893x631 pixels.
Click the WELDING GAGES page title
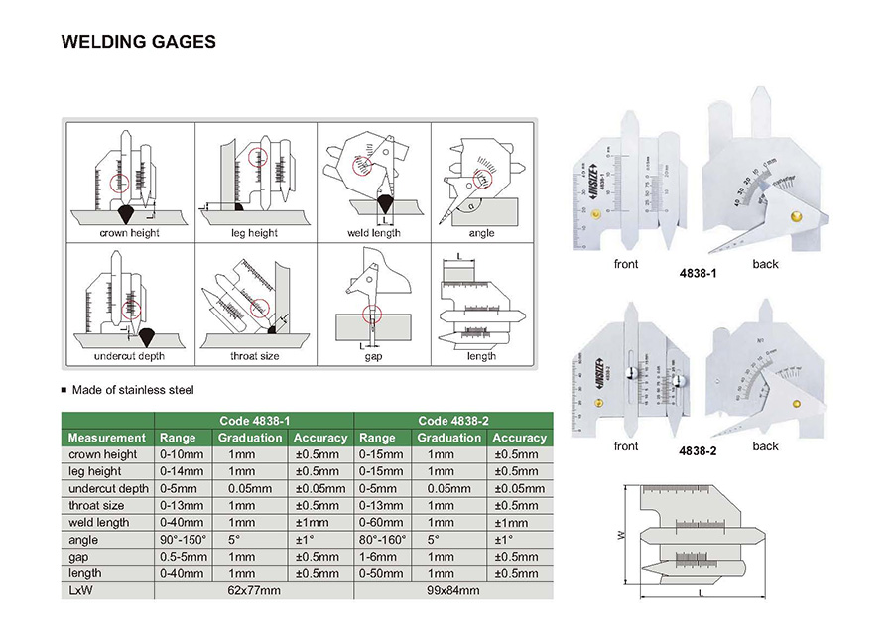pyautogui.click(x=139, y=42)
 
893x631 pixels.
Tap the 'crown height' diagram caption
pyautogui.click(x=129, y=233)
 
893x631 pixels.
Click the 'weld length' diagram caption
pyautogui.click(x=373, y=233)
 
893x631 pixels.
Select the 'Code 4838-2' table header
pyautogui.click(x=451, y=421)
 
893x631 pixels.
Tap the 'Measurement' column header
pyautogui.click(x=106, y=438)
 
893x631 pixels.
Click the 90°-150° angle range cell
pyautogui.click(x=183, y=539)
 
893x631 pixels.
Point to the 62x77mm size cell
pyautogui.click(x=253, y=590)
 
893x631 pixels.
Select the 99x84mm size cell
pyautogui.click(x=451, y=590)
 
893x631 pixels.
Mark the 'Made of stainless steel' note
pyautogui.click(x=132, y=390)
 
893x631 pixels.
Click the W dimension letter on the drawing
pyautogui.click(x=622, y=535)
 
